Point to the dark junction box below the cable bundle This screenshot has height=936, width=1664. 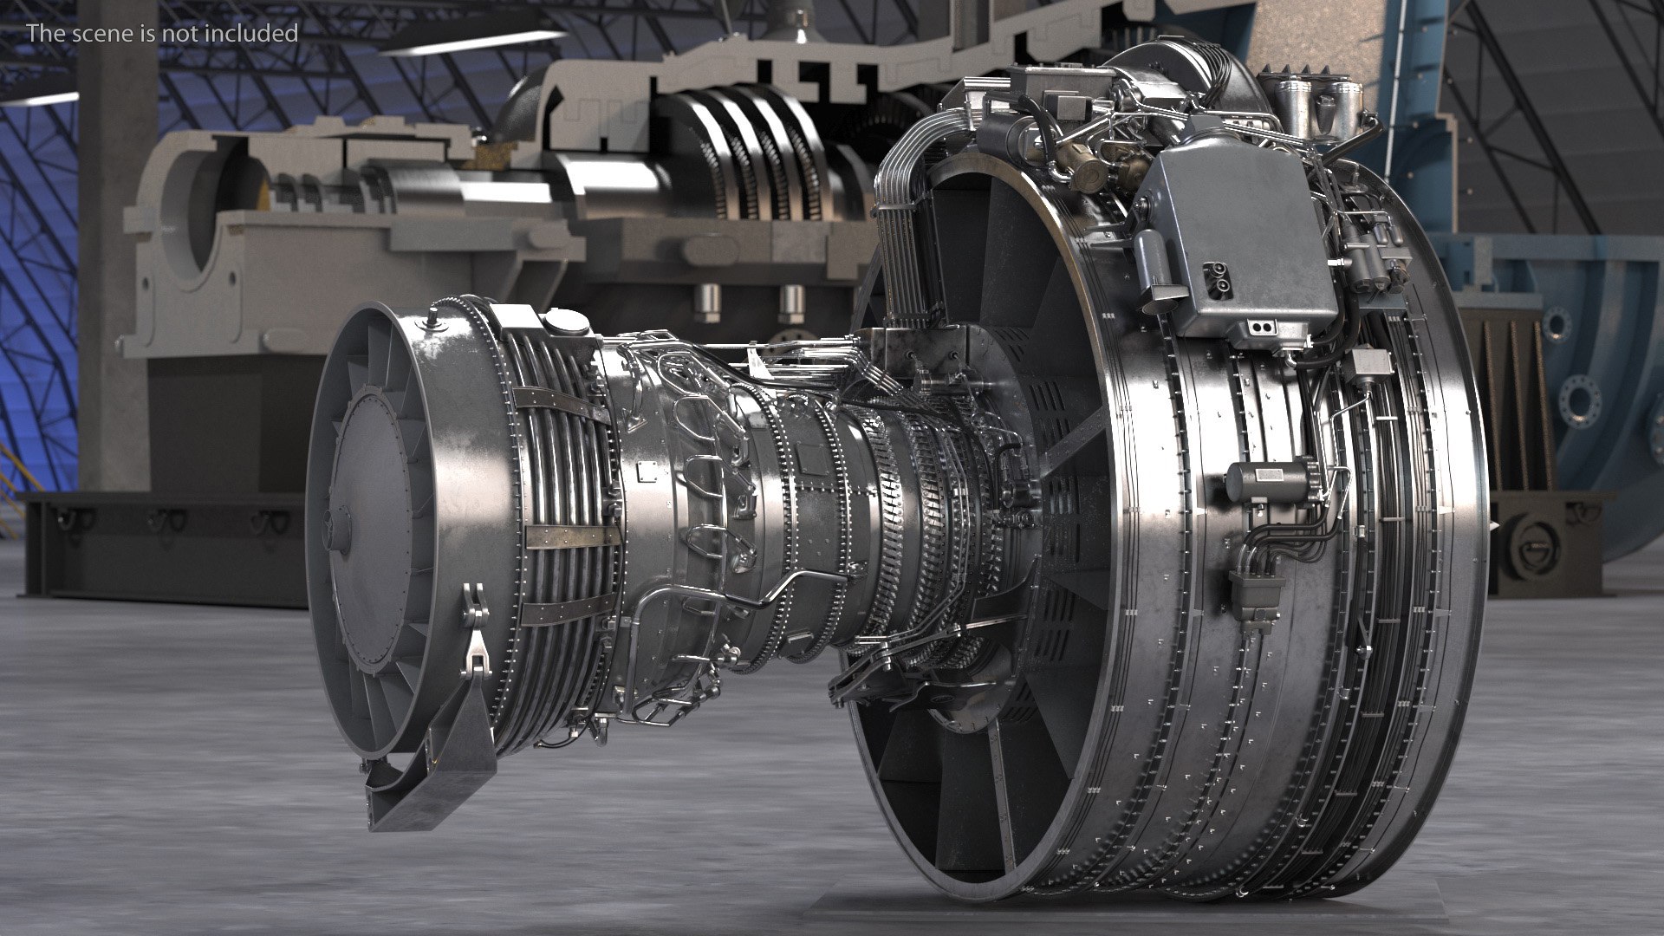(x=1256, y=591)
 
